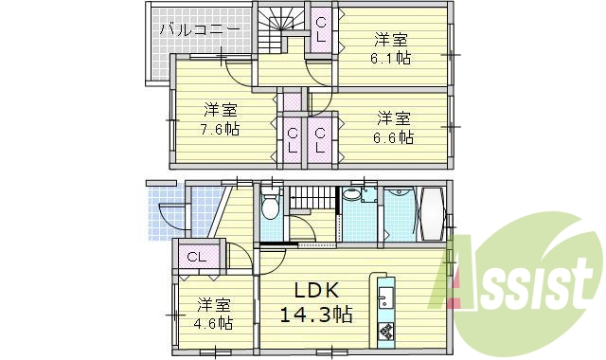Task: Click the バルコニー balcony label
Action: (x=198, y=29)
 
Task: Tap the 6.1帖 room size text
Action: (x=390, y=58)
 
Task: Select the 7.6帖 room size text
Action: (x=218, y=129)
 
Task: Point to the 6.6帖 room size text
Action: (x=393, y=136)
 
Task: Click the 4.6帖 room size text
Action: (x=214, y=323)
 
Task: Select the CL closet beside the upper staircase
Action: (x=322, y=29)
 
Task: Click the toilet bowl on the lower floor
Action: (x=271, y=207)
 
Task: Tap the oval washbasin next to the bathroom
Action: (x=352, y=195)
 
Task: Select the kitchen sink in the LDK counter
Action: (x=386, y=302)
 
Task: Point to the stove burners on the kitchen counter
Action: (x=386, y=333)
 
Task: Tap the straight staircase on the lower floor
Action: (x=312, y=199)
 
